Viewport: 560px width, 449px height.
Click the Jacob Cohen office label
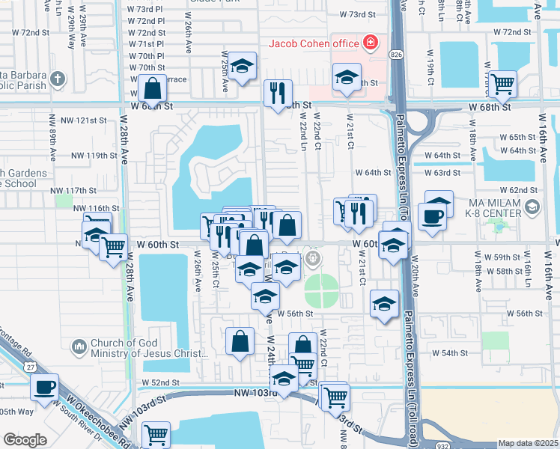point(314,43)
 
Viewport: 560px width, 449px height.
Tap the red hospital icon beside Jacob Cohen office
point(369,43)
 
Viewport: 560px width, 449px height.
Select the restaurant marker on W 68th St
point(277,94)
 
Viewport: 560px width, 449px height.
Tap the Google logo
point(25,440)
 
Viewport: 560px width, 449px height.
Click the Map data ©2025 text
point(527,443)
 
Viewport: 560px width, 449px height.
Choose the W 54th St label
point(450,352)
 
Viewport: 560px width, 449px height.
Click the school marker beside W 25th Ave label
point(242,67)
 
